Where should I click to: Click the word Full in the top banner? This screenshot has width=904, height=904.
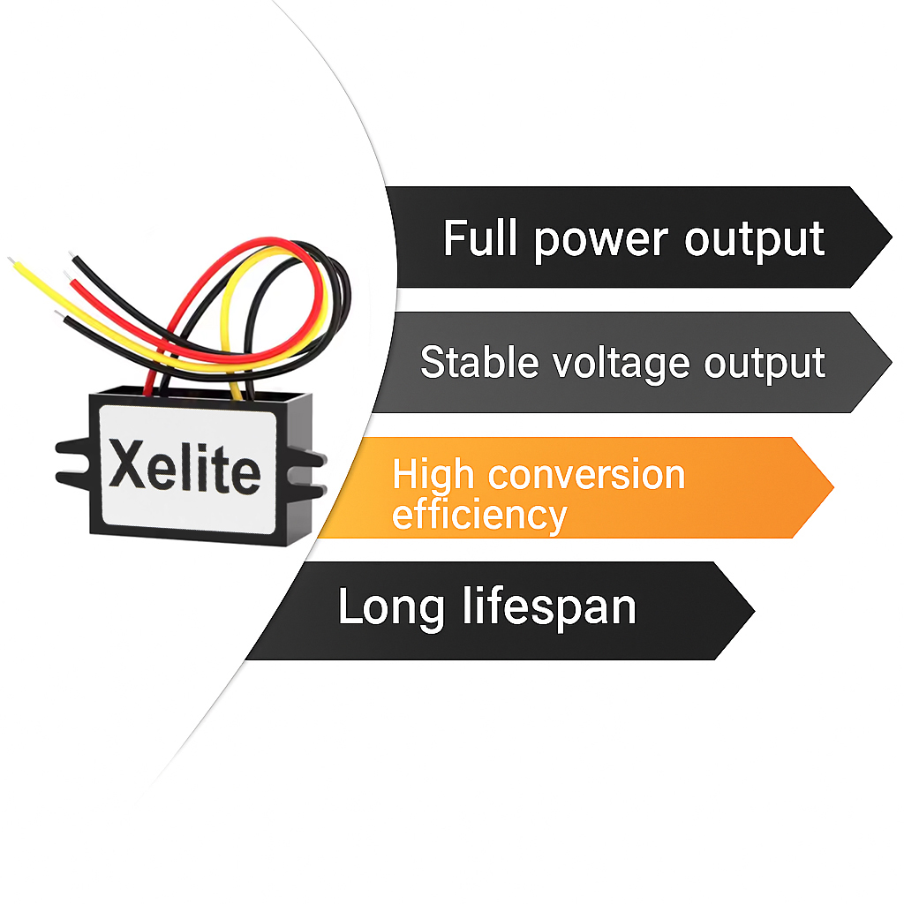tap(482, 238)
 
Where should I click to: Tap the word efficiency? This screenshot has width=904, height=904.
tap(478, 514)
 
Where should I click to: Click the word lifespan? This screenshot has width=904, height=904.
tap(549, 607)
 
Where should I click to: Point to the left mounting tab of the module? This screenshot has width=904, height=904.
tap(71, 460)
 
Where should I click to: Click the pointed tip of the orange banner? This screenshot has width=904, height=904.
tap(831, 486)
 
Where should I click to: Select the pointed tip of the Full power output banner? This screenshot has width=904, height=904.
tap(889, 237)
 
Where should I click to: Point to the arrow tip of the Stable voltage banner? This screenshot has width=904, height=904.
tap(889, 362)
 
